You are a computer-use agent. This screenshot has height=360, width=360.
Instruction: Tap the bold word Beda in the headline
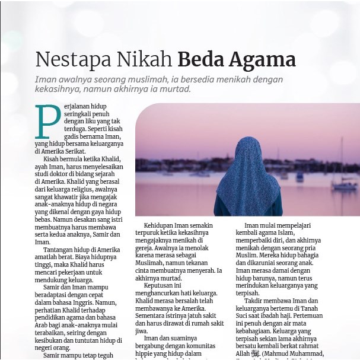point(200,60)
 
